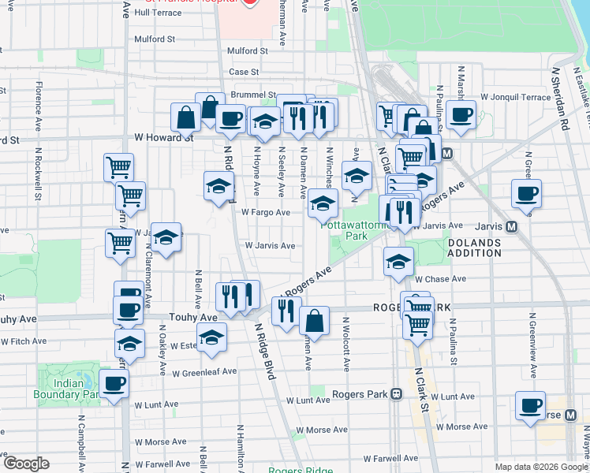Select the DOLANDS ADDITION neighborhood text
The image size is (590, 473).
[474, 248]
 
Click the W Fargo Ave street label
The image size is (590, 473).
[266, 212]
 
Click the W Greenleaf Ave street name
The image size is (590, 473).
[204, 371]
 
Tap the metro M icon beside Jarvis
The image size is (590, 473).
[511, 226]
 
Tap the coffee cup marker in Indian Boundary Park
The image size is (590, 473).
[115, 384]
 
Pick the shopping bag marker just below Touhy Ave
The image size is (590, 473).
[314, 321]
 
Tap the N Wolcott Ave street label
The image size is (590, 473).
[345, 345]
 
